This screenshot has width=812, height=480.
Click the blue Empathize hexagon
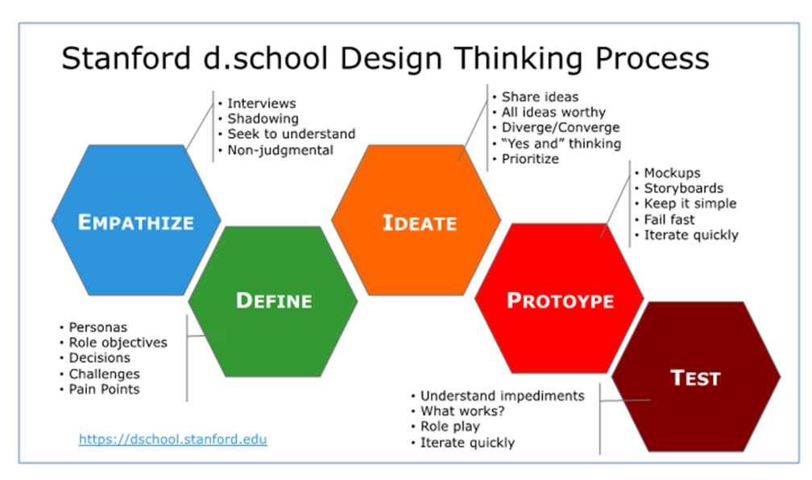[136, 220]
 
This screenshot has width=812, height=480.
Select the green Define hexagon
[273, 301]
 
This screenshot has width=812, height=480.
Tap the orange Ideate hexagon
[416, 220]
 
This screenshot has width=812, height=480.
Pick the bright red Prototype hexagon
[559, 298]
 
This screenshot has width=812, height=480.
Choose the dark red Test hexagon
[696, 377]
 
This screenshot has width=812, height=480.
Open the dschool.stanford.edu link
[173, 440]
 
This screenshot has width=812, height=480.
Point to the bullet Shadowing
[263, 119]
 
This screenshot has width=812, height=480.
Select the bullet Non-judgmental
[280, 150]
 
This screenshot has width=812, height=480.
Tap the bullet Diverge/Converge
[561, 127]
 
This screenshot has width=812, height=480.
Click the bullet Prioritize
[530, 159]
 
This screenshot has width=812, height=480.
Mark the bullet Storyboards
[684, 188]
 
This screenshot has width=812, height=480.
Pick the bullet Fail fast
[669, 219]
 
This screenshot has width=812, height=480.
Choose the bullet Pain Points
[104, 390]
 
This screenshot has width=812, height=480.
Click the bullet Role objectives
[118, 343]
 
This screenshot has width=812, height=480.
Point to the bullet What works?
[462, 411]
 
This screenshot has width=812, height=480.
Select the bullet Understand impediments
[503, 396]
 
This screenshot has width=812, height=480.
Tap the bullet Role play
[450, 427]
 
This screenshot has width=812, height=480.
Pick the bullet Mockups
[672, 173]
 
